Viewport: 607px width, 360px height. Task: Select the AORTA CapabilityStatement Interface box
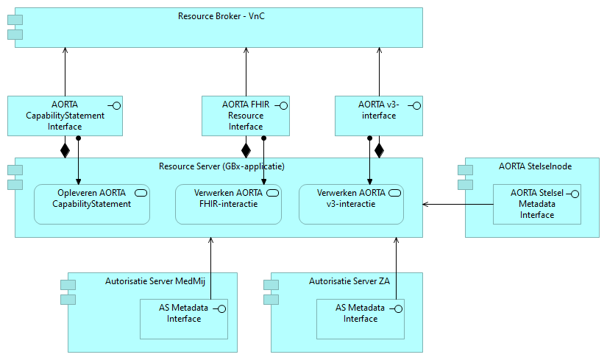point(65,116)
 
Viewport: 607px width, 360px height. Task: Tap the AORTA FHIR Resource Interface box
point(246,116)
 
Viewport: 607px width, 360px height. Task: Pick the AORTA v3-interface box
point(379,116)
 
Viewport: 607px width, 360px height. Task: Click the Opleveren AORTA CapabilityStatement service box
point(92,204)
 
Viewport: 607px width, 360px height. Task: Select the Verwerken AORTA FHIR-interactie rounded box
point(228,204)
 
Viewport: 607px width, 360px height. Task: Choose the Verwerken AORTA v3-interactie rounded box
point(351,204)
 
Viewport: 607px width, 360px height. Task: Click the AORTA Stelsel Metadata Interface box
point(536,204)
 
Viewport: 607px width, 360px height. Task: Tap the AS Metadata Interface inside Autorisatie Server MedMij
point(184,318)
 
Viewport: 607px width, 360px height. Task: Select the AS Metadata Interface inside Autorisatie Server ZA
point(360,318)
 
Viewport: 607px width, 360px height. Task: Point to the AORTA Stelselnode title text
point(535,166)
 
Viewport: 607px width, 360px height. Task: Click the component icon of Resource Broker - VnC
point(15,27)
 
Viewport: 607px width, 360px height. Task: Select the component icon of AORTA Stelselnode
point(465,177)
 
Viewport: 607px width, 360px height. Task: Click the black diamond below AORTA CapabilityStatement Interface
point(65,150)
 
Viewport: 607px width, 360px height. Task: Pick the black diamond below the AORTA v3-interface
point(380,150)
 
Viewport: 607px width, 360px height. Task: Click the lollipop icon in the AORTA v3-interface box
point(416,106)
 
